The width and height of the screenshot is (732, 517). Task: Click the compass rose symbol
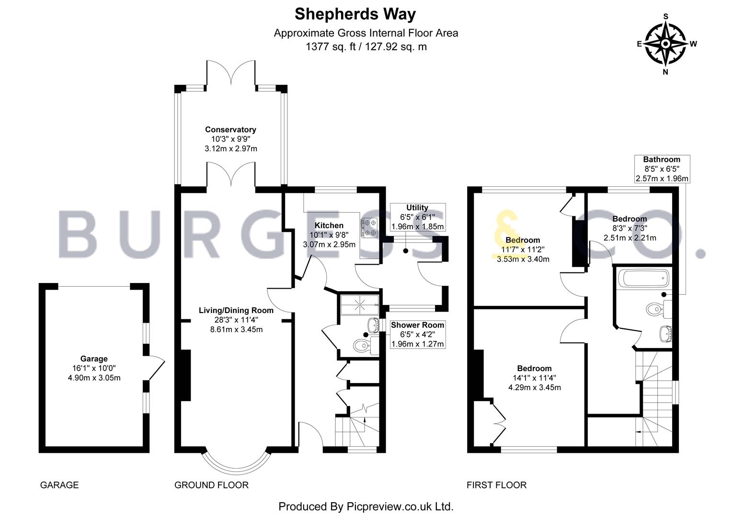coord(666,44)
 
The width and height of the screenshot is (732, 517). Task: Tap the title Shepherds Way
coord(355,14)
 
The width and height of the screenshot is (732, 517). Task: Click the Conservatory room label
coord(230,130)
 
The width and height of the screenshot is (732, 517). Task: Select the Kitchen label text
coord(329,225)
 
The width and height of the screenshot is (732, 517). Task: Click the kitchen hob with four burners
coord(369,227)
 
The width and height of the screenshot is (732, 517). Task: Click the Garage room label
coord(94,359)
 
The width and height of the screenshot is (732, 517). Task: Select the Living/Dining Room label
coord(236,310)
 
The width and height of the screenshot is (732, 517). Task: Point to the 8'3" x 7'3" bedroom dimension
coord(629,228)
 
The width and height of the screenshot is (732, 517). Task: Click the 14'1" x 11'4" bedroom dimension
coord(534,378)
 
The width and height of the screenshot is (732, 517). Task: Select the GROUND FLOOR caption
coord(211,485)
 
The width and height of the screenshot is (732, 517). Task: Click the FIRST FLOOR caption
coord(496,485)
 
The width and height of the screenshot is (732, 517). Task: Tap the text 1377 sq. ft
coord(331,47)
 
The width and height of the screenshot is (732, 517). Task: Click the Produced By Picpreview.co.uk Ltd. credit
coord(366,506)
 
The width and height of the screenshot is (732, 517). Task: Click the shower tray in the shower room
coord(359,305)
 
